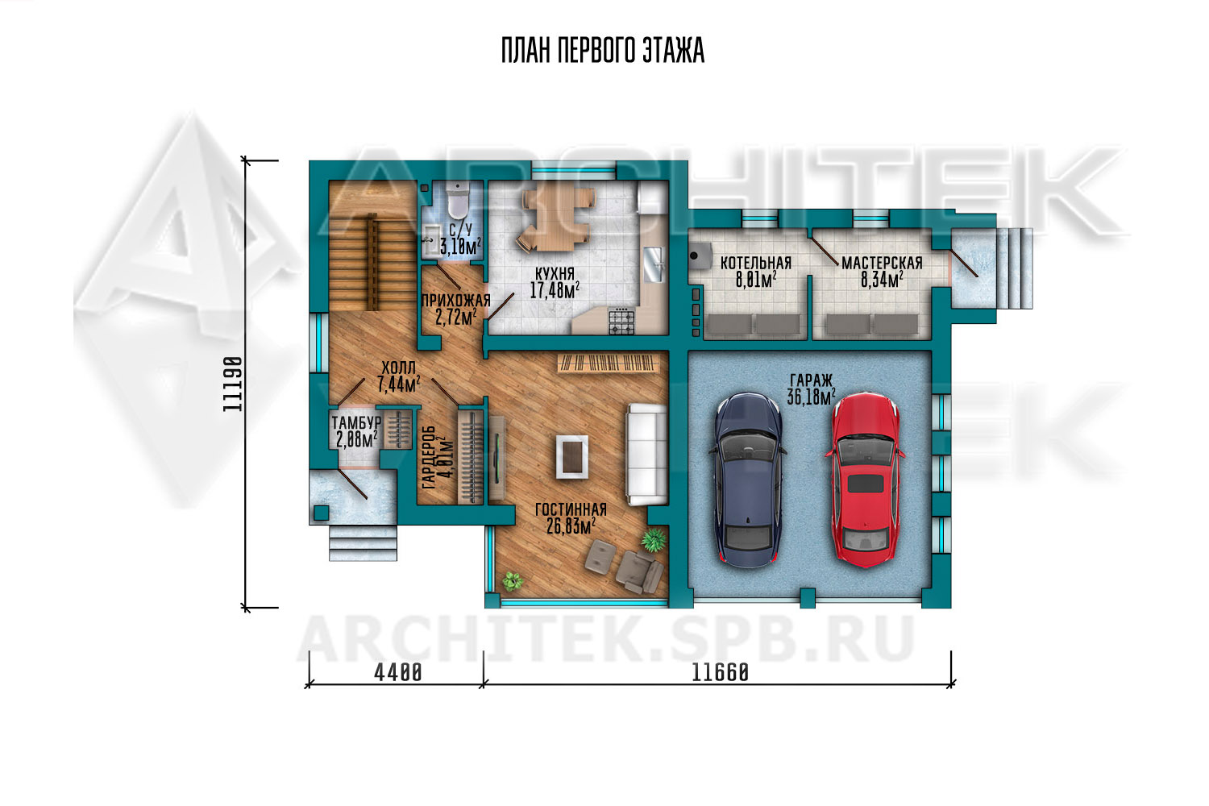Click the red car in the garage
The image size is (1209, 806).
[865, 480]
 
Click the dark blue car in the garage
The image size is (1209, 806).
[748, 480]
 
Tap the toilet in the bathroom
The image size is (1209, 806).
[459, 199]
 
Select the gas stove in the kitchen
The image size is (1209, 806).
[621, 322]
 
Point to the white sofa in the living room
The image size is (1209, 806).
[646, 455]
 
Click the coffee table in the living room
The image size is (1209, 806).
[572, 457]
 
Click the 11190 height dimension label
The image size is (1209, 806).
[232, 384]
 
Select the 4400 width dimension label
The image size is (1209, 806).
[398, 673]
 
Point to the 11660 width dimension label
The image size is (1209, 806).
[720, 673]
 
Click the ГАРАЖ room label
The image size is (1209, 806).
[811, 380]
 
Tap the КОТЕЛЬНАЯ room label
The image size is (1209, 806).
[756, 263]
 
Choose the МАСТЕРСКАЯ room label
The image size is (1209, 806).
[882, 263]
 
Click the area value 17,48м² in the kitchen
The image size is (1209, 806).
[555, 290]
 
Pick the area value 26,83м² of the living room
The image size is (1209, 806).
[571, 526]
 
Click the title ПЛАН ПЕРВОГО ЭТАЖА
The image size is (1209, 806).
[603, 51]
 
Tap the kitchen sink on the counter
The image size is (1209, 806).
[654, 264]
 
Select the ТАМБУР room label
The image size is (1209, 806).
[356, 422]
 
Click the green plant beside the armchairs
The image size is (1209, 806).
[654, 540]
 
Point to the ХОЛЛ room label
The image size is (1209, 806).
[398, 368]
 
